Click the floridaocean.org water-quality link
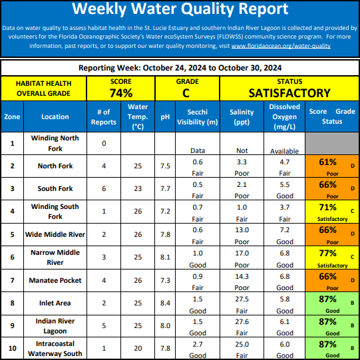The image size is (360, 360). (x=281, y=46)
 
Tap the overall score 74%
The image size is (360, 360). (x=121, y=93)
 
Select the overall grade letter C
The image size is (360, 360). (x=186, y=93)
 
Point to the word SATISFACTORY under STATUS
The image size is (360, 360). (x=289, y=93)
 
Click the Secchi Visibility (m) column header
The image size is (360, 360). (x=198, y=117)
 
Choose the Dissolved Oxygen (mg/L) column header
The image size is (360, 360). (x=284, y=116)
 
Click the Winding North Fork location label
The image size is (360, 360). (x=55, y=143)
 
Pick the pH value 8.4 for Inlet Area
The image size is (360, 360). (x=165, y=303)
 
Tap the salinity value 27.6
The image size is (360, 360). (x=242, y=321)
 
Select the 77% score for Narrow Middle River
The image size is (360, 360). (x=327, y=254)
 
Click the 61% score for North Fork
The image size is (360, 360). (x=327, y=162)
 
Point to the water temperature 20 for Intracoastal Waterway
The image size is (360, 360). (x=138, y=348)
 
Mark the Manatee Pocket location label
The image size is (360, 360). (x=55, y=280)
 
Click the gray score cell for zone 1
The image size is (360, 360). (x=332, y=143)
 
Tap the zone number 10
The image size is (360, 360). (x=12, y=348)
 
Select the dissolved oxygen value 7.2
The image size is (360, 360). (x=284, y=230)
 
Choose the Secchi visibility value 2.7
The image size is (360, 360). (x=198, y=345)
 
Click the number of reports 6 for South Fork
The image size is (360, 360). (x=104, y=188)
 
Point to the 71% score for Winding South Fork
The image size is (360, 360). (x=327, y=208)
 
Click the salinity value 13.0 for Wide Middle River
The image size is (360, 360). (x=242, y=230)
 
